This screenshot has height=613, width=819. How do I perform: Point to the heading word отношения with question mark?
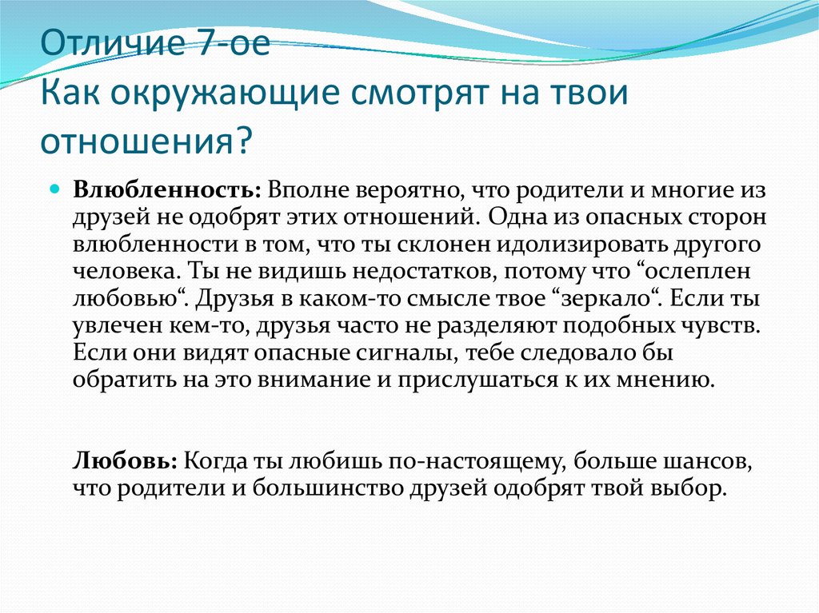pyautogui.click(x=146, y=141)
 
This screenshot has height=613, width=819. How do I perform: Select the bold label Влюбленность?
pyautogui.click(x=167, y=190)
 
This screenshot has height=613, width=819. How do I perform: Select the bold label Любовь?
pyautogui.click(x=126, y=462)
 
